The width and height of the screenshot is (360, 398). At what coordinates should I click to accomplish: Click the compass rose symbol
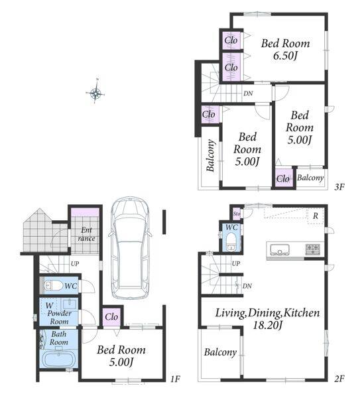tap(95, 93)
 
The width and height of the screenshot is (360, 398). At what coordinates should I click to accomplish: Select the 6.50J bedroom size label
tap(285, 56)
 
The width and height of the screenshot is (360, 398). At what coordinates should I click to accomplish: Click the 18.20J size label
tap(268, 325)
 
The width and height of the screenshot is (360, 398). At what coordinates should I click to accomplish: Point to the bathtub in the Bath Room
tap(58, 359)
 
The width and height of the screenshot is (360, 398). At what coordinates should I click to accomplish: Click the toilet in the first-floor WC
tap(53, 285)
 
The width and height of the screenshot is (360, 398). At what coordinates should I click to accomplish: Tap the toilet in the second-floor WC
tap(231, 241)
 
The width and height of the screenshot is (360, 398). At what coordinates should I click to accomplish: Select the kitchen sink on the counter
tap(280, 249)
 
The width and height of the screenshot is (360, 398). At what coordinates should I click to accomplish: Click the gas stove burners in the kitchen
tap(312, 249)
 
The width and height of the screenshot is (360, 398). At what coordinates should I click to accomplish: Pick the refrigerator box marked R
tap(316, 216)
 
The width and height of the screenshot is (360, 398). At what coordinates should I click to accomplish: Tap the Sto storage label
tap(237, 214)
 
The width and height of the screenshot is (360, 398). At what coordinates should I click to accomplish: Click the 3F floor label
tap(339, 187)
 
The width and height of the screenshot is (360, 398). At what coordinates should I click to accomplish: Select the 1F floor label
tap(175, 379)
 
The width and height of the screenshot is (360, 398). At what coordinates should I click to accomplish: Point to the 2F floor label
tap(339, 379)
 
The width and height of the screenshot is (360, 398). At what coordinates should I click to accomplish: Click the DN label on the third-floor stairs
tap(248, 94)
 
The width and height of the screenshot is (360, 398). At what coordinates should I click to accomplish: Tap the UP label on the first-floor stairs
tap(75, 264)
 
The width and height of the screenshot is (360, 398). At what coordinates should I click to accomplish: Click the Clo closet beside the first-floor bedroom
tap(111, 317)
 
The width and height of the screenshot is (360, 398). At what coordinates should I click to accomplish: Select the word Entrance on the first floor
tap(86, 234)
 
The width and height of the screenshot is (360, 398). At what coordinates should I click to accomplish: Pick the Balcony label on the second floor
tap(220, 352)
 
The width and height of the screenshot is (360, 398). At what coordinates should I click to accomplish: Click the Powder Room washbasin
tap(70, 304)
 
